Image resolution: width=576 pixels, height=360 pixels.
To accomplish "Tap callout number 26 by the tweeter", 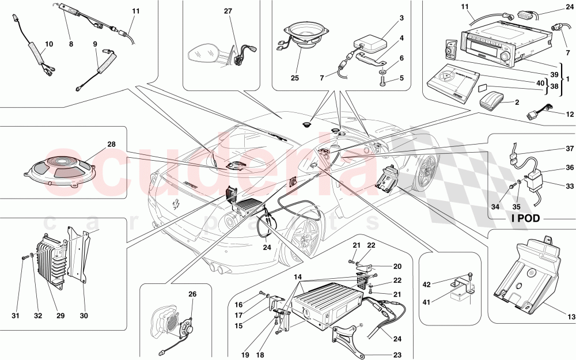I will [x=192, y=294].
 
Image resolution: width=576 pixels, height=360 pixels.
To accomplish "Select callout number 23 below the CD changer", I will [x=397, y=355].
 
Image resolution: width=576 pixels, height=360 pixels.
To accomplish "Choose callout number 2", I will [x=516, y=102].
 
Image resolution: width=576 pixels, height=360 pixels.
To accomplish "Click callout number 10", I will [x=48, y=44].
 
